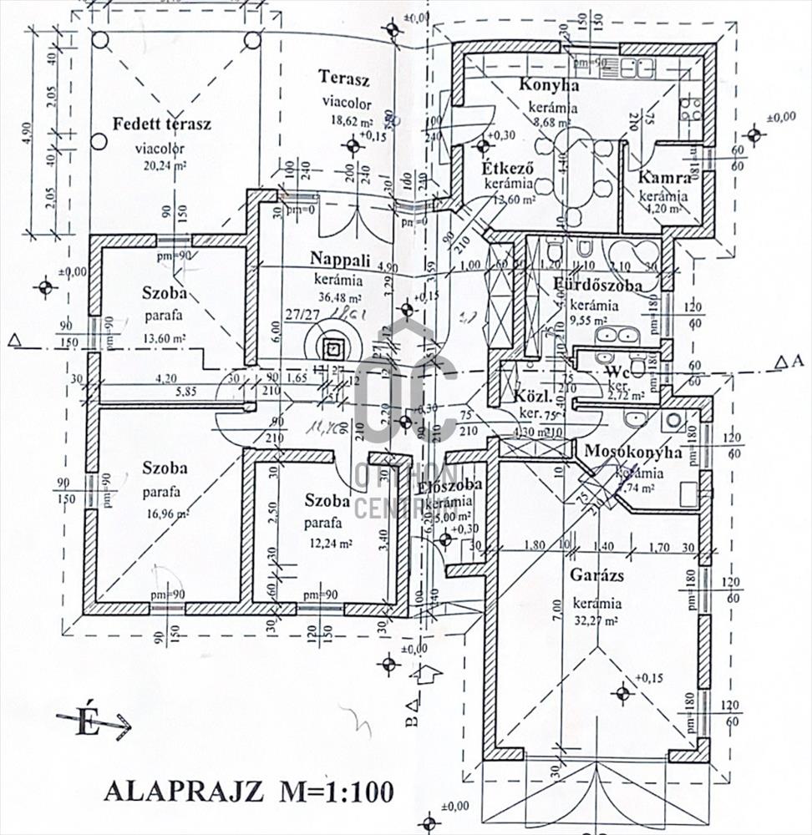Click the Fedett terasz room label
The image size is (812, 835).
pyautogui.click(x=162, y=124)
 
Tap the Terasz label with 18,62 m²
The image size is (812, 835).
pyautogui.click(x=343, y=78)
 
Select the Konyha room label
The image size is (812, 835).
pyautogui.click(x=550, y=84)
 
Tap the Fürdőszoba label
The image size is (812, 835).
pyautogui.click(x=598, y=286)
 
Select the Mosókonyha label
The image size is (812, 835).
pyautogui.click(x=633, y=453)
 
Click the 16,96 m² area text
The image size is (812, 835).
pyautogui.click(x=164, y=514)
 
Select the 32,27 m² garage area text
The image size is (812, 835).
pyautogui.click(x=596, y=621)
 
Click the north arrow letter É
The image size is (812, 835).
pyautogui.click(x=84, y=723)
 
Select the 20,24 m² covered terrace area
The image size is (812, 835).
pyautogui.click(x=162, y=164)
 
